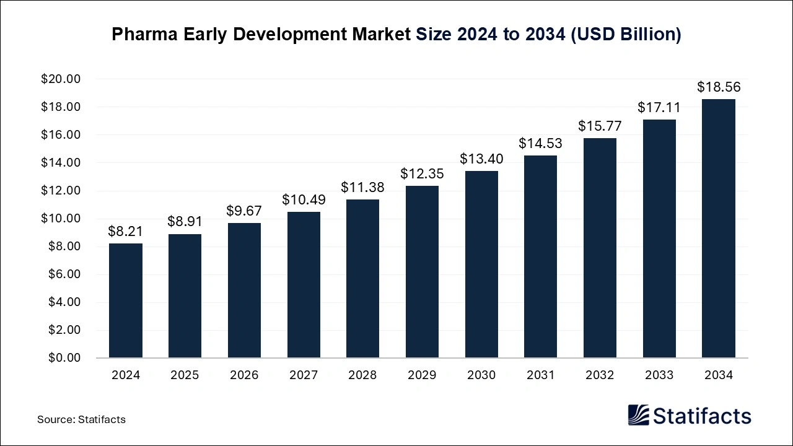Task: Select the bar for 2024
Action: pos(125,300)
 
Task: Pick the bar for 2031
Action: pos(540,256)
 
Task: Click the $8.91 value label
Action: pos(184,221)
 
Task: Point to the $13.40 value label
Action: pos(481,159)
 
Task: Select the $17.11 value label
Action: pos(659,107)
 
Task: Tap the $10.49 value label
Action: pos(304,199)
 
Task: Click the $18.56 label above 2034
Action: pos(719,87)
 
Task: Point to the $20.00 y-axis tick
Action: pos(61,79)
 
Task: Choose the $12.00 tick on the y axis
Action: pos(61,191)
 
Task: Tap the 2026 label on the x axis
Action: pos(244,375)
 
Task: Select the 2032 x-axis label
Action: pos(600,375)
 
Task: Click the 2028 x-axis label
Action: pos(362,375)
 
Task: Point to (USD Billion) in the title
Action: pos(626,35)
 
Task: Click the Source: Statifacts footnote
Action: pos(81,419)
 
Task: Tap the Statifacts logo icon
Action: pos(638,415)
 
